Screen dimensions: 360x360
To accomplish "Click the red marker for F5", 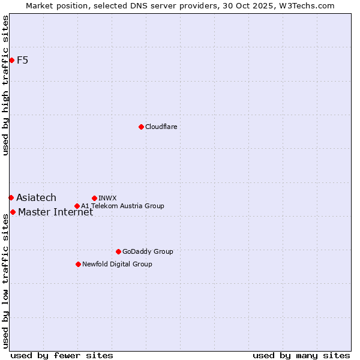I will [11, 60].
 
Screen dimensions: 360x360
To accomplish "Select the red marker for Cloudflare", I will [141, 127].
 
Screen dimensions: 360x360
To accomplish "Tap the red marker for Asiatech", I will [11, 197].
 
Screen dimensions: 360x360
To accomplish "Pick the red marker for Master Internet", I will [13, 212].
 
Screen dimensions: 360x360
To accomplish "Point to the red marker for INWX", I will [94, 198].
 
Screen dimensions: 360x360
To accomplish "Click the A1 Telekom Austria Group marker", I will [77, 206].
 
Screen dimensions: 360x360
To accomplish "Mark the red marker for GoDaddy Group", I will [118, 251].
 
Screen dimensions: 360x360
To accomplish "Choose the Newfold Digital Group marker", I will [78, 264].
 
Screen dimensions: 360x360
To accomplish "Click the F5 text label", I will [23, 60].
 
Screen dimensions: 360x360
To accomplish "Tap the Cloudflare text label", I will [161, 127].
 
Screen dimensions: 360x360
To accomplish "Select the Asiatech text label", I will [36, 197].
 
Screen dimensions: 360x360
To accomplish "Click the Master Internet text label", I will [55, 212].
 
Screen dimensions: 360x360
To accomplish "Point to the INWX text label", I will [107, 198].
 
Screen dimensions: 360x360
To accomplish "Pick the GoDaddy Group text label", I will [147, 251].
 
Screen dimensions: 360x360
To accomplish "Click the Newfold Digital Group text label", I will [117, 264].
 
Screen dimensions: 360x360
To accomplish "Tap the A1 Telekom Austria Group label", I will [122, 206].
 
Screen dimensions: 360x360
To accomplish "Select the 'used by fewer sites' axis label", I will [62, 355].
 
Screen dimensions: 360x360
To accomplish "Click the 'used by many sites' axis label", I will [301, 355].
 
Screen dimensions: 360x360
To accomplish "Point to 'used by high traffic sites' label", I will [5, 85].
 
